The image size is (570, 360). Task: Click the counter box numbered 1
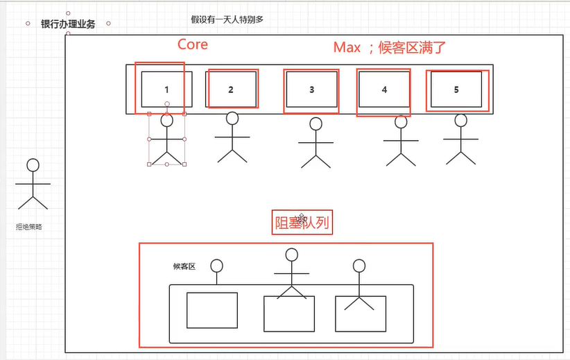(166, 89)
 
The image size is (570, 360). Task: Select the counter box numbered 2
(232, 89)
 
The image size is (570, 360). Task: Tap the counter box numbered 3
(311, 89)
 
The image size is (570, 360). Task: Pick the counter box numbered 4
(384, 89)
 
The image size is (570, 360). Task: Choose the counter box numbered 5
(456, 89)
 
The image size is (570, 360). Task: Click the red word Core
(192, 44)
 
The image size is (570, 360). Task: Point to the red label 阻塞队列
(302, 223)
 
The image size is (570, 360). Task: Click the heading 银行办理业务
(68, 24)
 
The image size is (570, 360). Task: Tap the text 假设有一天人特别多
(227, 19)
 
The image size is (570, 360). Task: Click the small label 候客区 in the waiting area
(184, 266)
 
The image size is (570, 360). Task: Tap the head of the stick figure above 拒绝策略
(32, 165)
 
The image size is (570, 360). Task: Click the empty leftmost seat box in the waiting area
(212, 310)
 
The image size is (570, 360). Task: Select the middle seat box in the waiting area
(289, 314)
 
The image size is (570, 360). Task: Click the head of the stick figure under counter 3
(316, 124)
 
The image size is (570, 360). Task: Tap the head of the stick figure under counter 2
(232, 119)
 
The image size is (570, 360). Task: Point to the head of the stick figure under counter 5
(461, 120)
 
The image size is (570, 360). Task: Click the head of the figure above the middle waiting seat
(291, 255)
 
